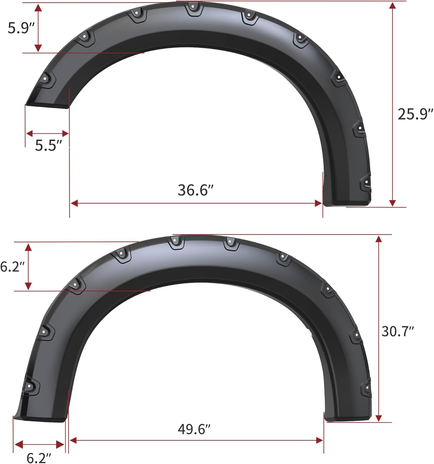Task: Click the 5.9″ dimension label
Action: [20, 28]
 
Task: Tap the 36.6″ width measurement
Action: [196, 190]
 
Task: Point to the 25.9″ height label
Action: [415, 114]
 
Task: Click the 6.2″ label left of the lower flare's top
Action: [12, 266]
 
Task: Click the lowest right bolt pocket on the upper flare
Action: [366, 184]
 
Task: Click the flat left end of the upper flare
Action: [46, 105]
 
